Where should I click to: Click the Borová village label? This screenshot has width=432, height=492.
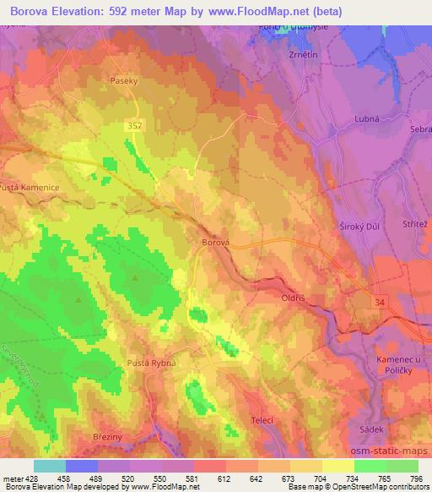coord(214,242)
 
